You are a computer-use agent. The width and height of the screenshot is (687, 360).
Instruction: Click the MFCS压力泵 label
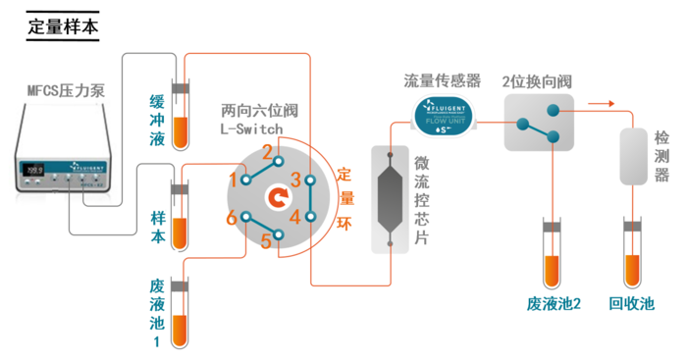pos(66,92)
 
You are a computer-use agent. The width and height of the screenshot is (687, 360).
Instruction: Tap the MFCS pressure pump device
pos(69,162)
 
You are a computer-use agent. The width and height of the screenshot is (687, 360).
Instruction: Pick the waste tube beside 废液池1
pos(180,314)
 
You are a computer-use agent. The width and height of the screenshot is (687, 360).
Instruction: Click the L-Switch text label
pos(252,129)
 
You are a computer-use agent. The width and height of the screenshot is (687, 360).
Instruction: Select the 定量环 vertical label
pos(343,196)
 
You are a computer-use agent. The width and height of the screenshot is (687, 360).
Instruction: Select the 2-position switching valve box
pos(539,123)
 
